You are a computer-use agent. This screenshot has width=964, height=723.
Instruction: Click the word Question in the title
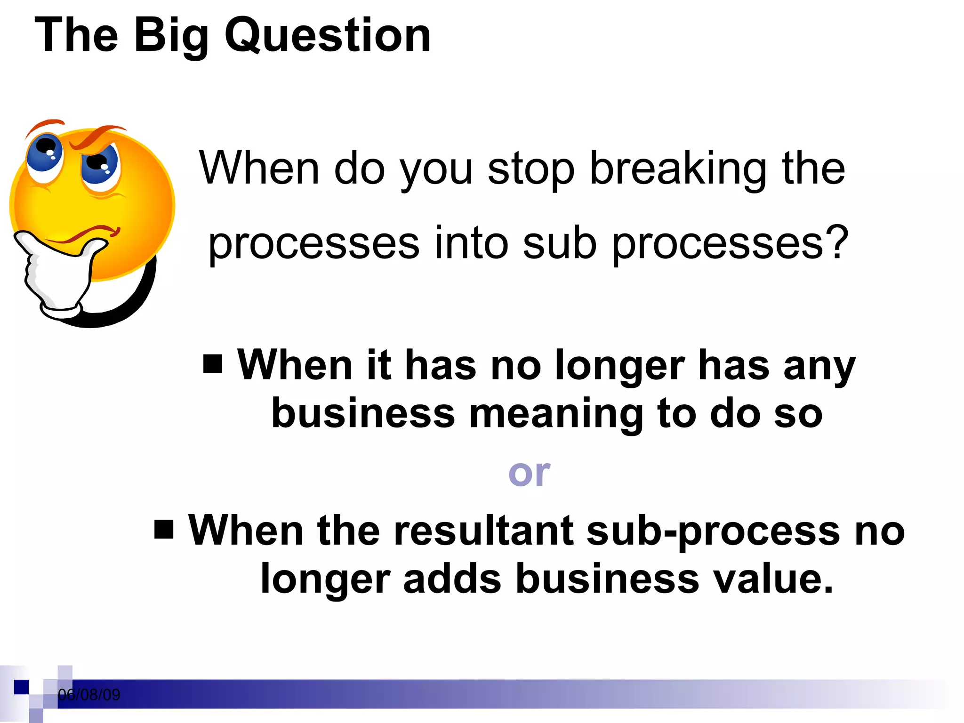point(328,35)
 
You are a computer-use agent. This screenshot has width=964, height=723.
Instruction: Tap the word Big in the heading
point(171,35)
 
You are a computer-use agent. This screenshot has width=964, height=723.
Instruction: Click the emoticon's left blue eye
point(44,153)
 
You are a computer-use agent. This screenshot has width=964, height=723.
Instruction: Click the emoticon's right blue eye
point(100,165)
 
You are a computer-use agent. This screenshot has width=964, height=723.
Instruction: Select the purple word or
point(529,473)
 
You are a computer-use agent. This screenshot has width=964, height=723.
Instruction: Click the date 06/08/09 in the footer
point(89,695)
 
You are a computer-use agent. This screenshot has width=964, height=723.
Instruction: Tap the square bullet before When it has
point(213,364)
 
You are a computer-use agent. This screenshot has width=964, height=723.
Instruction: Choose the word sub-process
point(713,531)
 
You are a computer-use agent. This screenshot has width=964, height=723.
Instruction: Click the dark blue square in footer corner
point(21,687)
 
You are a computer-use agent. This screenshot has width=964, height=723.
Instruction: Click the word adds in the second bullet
point(452,578)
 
